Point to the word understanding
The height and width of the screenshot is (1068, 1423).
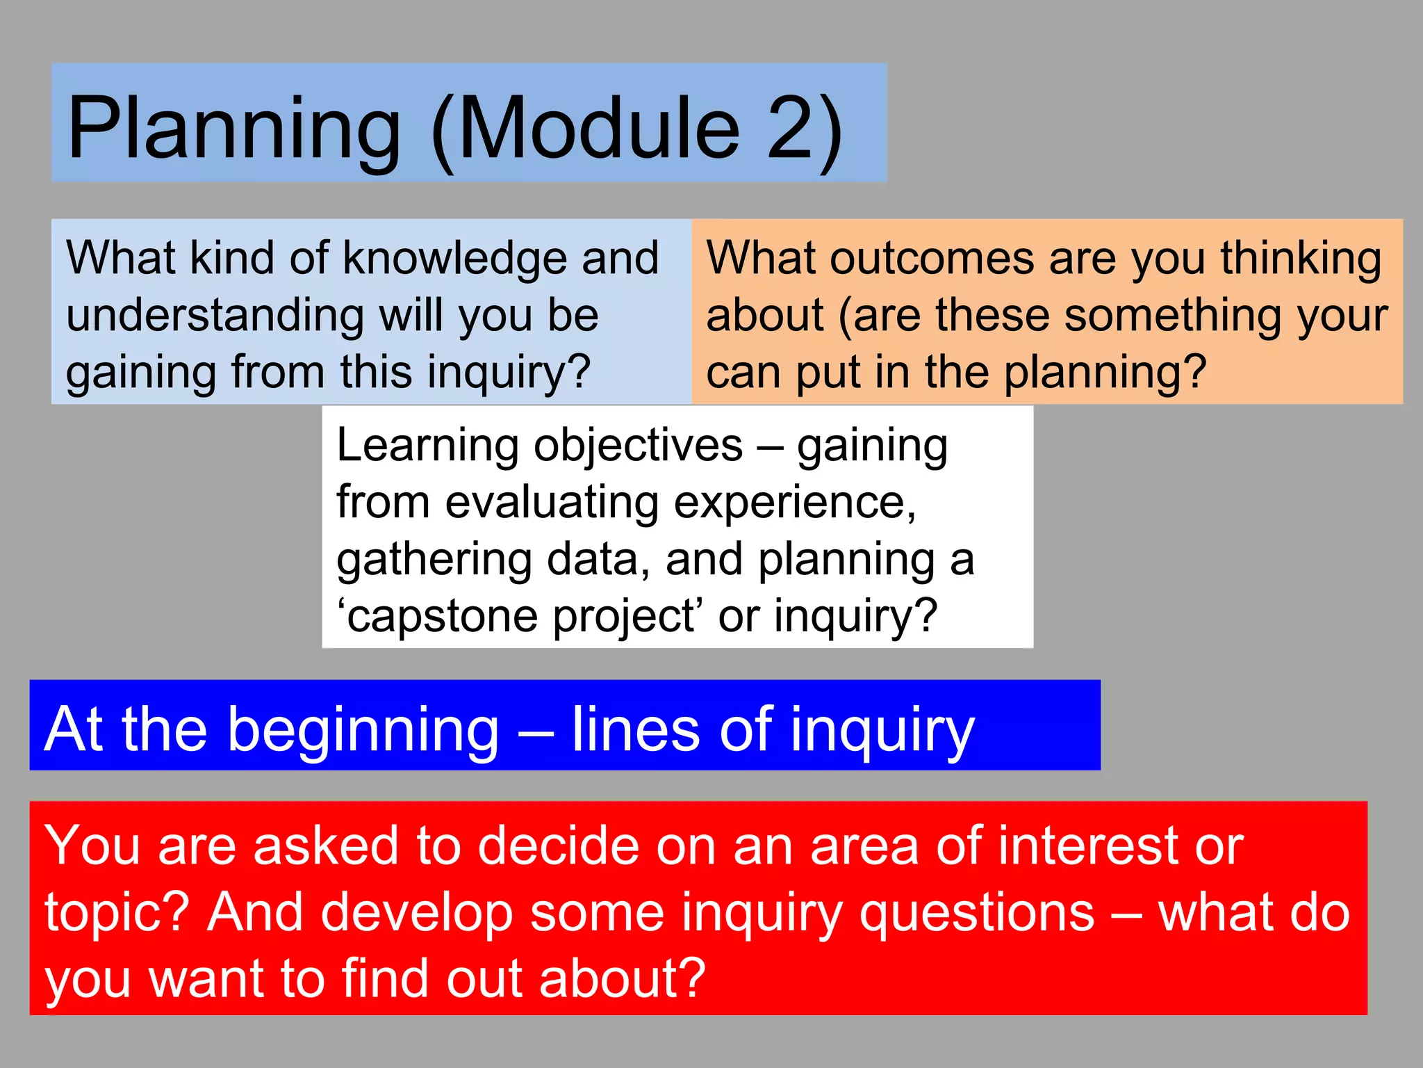click(x=215, y=316)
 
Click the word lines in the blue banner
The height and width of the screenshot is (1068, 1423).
click(x=634, y=729)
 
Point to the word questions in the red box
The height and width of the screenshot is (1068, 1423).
click(x=976, y=913)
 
